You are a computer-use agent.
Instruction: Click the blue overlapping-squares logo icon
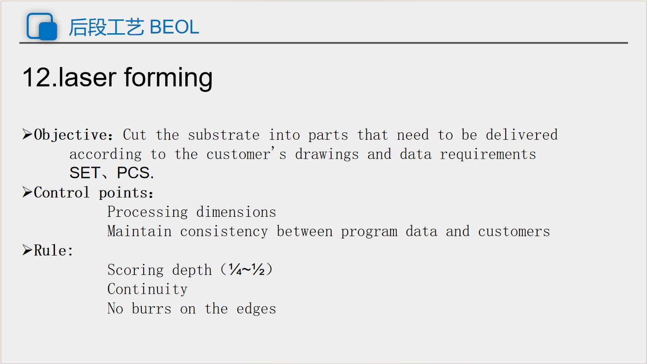tap(42, 26)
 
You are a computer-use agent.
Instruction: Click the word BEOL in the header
tap(174, 27)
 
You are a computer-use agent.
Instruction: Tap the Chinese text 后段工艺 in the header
tap(106, 27)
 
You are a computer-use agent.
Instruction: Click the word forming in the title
tap(169, 78)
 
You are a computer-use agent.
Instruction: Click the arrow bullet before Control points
tap(27, 192)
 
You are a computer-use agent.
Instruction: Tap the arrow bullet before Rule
tap(27, 250)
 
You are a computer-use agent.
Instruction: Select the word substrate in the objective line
tap(224, 135)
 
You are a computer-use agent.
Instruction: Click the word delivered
tap(522, 135)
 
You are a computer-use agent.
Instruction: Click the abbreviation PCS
tap(133, 173)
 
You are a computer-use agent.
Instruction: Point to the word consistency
tap(224, 232)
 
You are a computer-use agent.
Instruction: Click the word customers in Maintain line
tap(514, 232)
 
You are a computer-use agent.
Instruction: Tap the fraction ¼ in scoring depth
tap(235, 269)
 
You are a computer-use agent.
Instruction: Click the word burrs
tap(151, 308)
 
